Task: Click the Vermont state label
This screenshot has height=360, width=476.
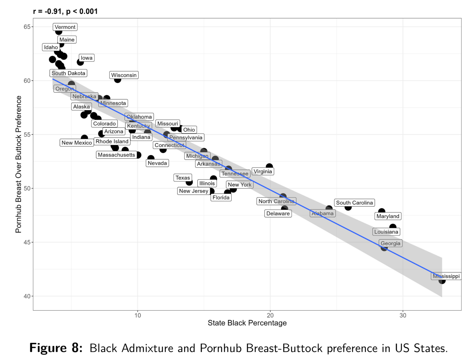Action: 65,27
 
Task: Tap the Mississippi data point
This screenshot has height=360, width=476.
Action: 442,280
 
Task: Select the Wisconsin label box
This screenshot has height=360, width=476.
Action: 124,75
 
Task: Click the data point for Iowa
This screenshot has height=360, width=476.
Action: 80,62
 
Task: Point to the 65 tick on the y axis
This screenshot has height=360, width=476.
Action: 27,27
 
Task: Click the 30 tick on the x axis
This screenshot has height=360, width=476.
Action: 403,315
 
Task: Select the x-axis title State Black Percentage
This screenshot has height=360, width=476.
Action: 247,323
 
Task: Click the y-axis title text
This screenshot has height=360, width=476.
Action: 19,164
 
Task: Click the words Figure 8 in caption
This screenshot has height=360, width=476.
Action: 56,348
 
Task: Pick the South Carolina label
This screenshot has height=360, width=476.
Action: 354,202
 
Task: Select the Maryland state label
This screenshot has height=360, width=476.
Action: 388,216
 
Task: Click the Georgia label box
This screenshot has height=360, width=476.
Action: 390,243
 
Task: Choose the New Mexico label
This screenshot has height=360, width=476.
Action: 77,143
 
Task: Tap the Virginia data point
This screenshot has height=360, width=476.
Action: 269,167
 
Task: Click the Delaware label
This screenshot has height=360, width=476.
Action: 278,213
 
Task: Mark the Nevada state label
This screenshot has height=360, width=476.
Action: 157,163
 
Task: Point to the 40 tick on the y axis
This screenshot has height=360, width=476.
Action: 27,296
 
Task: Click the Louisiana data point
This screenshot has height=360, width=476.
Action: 393,227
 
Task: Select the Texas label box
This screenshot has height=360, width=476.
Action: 183,178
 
